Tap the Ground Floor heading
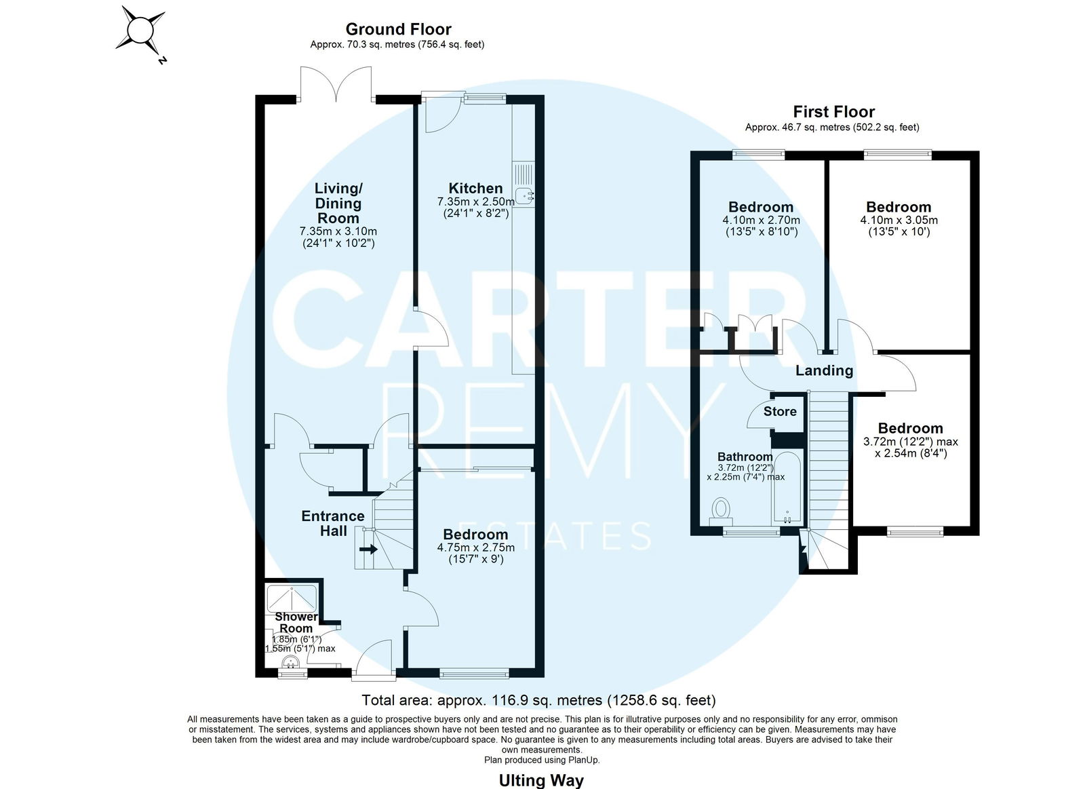tap(398, 29)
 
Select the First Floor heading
tap(833, 112)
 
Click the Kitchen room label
tap(475, 188)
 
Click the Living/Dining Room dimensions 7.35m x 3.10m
tap(338, 231)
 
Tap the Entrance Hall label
tap(333, 524)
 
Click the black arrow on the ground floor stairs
tap(368, 550)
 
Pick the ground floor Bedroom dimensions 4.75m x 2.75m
tap(475, 547)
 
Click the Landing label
tap(824, 370)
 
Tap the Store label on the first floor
tap(780, 412)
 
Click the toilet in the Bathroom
tap(722, 512)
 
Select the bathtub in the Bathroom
tap(787, 488)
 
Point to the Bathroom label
tap(745, 457)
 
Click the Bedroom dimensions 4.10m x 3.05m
tap(899, 220)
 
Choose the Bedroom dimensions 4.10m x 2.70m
tap(761, 220)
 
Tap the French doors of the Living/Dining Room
tap(336, 84)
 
